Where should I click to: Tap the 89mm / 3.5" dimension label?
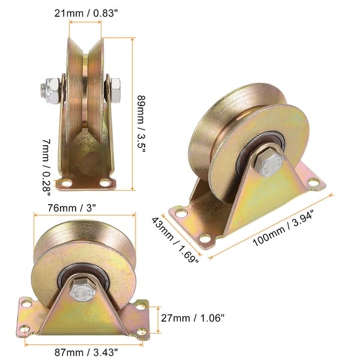point(142,124)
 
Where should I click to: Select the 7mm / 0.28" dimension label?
point(46,167)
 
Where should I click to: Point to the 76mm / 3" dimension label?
point(71,208)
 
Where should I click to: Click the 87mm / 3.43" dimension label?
point(86,352)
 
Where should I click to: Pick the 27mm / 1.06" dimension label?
point(193,318)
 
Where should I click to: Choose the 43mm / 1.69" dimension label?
point(175,239)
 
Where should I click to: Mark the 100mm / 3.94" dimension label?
point(283,228)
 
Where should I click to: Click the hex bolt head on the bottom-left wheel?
point(82,291)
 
